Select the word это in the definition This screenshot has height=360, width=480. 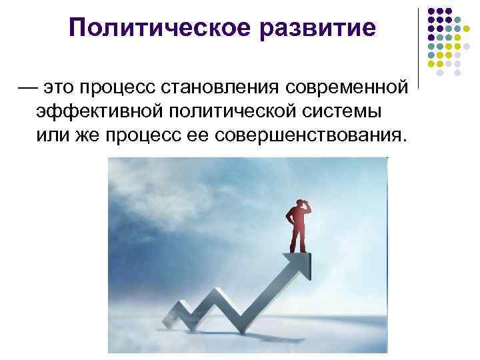[x=63, y=87]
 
